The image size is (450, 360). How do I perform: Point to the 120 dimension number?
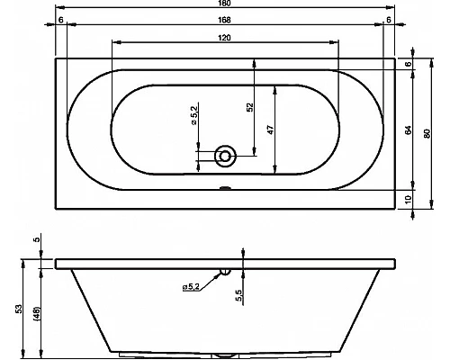click(x=224, y=37)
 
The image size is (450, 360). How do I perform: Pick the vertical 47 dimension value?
click(x=270, y=129)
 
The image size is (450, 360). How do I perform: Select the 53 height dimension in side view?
click(x=19, y=309)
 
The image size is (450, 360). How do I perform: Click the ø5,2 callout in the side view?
click(x=192, y=286)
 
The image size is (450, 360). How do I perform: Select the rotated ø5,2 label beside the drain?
click(x=193, y=114)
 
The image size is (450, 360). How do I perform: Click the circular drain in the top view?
click(x=224, y=157)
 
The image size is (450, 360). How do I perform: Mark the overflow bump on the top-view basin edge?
click(x=224, y=189)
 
